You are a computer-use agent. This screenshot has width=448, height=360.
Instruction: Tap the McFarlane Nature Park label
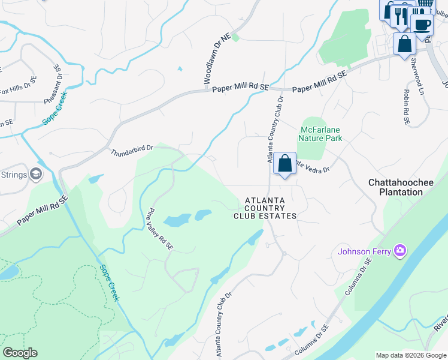click(320, 133)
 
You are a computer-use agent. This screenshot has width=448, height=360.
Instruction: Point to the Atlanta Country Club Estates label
click(265, 208)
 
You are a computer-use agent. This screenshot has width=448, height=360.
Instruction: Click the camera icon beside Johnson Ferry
click(401, 250)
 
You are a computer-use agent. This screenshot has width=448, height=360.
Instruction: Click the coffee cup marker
click(422, 25)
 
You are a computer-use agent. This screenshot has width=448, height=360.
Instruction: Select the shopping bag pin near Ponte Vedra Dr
click(285, 163)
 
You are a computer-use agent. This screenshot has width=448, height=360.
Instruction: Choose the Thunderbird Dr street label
click(132, 151)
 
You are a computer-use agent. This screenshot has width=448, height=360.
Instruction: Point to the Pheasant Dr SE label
click(54, 85)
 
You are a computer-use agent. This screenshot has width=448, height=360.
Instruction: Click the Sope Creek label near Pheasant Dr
click(55, 108)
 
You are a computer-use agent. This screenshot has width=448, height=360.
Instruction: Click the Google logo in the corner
click(20, 353)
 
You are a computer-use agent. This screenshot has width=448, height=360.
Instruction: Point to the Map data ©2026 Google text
click(411, 355)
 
